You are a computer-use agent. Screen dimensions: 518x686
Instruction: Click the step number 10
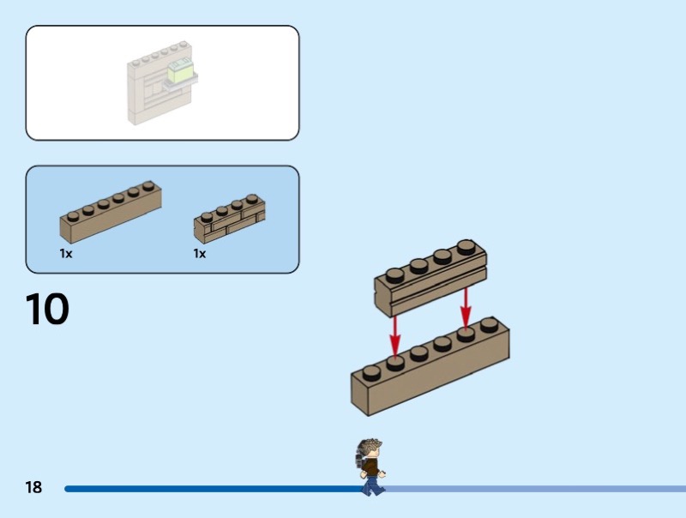[46, 310]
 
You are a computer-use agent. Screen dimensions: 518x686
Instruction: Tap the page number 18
[33, 488]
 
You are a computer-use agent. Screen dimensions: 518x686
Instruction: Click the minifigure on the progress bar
[371, 468]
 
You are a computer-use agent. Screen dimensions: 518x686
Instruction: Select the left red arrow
[394, 334]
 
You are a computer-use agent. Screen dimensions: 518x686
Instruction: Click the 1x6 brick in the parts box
[110, 211]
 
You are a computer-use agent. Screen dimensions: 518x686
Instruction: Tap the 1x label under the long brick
[66, 254]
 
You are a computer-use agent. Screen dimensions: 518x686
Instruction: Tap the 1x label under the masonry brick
[200, 254]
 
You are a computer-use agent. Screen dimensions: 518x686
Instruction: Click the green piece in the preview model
[181, 71]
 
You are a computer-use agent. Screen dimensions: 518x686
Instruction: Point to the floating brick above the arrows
[430, 279]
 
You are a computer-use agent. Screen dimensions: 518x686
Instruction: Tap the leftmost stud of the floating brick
[394, 276]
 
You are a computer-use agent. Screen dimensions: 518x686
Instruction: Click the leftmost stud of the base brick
[370, 372]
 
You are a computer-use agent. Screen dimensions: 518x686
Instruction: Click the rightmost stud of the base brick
[489, 325]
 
